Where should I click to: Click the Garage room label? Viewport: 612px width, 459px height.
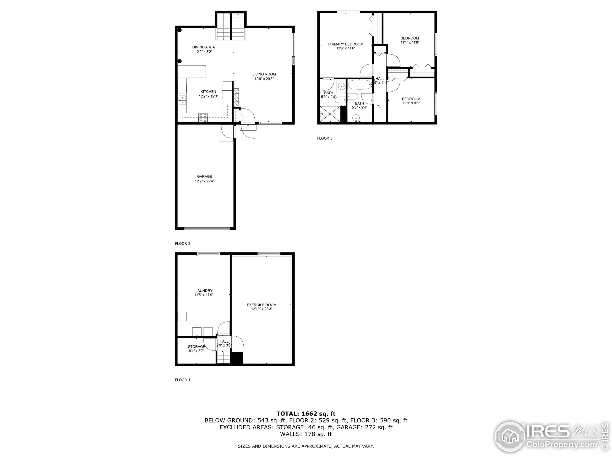pos(204,176)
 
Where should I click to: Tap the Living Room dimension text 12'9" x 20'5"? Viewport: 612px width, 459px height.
pos(264,79)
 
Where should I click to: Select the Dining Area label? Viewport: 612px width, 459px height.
pos(203,47)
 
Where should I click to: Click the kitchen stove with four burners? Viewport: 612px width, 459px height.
pos(203,118)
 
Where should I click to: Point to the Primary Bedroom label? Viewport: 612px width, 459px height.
pos(345,44)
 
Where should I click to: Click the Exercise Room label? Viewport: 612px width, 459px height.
pos(262,305)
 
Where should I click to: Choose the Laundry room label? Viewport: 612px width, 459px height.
pos(204,290)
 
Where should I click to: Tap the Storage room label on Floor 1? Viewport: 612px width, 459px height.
pos(197,347)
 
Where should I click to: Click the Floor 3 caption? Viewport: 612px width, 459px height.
pos(325,138)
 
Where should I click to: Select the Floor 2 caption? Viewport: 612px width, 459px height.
pos(183,243)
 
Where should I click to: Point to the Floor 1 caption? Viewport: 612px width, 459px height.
pos(183,380)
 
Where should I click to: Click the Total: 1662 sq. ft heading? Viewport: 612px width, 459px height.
pos(306,414)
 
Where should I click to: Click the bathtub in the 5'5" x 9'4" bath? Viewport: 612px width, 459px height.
pos(359,85)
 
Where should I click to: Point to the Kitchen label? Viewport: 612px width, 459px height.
pos(208,92)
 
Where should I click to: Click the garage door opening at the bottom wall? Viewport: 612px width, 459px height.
pos(207,228)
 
